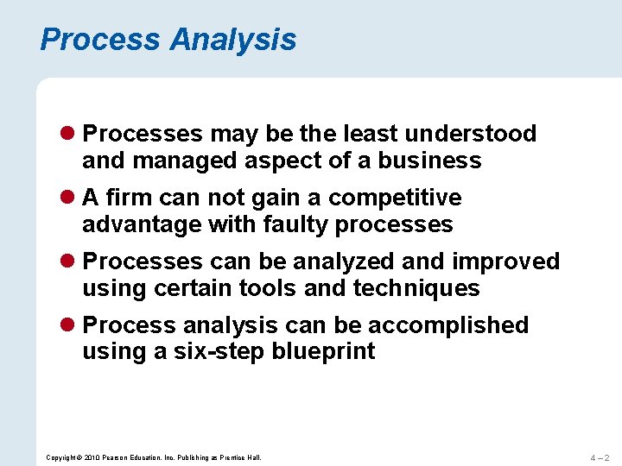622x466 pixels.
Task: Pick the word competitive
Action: (x=395, y=198)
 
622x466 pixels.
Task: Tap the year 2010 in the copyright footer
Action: (x=92, y=457)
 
